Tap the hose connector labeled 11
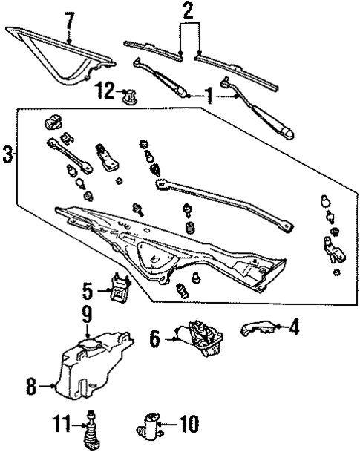[x=92, y=429]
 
